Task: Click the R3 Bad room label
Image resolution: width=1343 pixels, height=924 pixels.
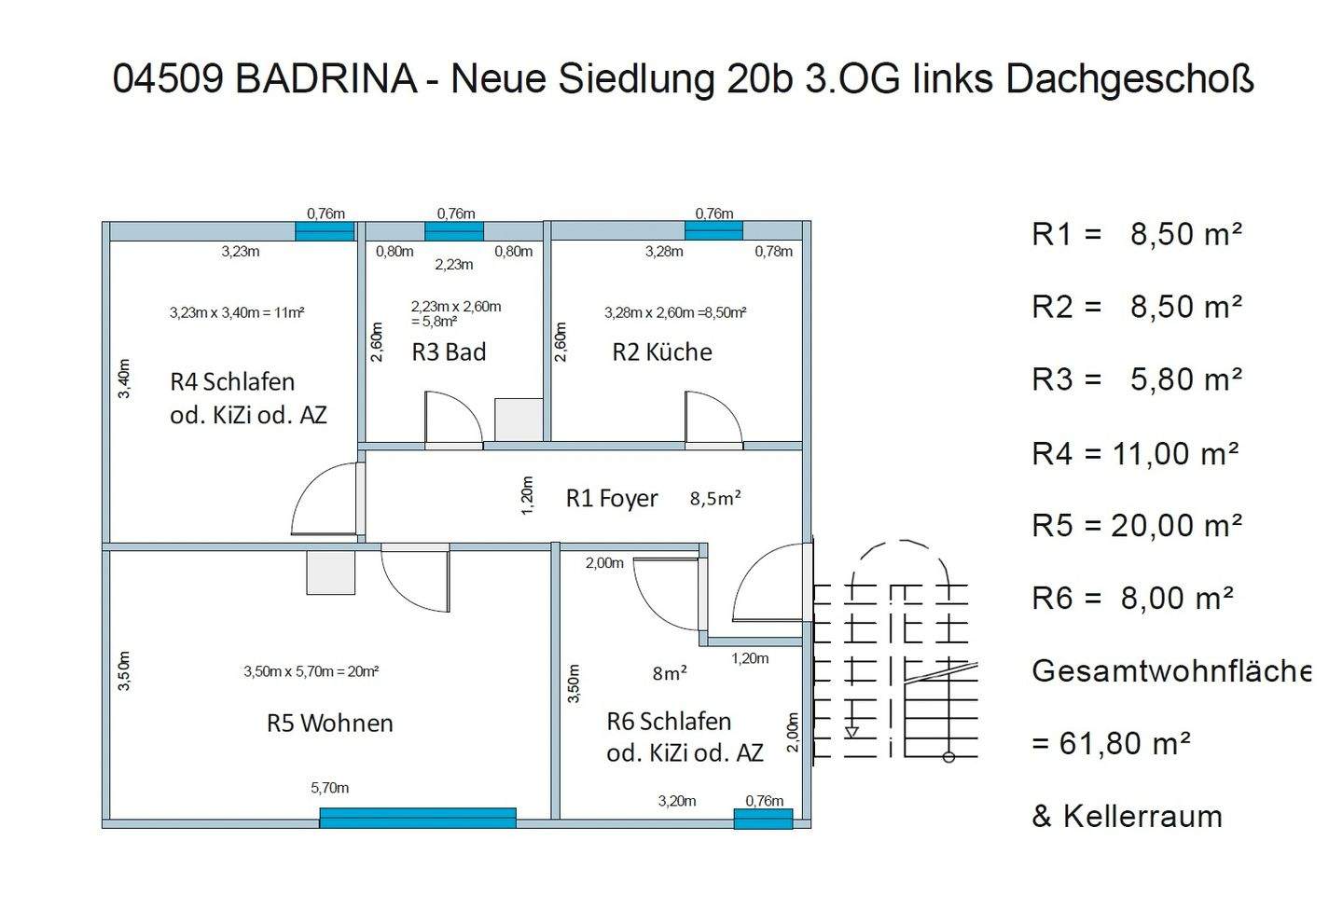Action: [x=449, y=352]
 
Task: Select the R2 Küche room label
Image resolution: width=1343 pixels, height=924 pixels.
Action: [x=662, y=352]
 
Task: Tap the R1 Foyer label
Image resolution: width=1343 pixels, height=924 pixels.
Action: [x=612, y=499]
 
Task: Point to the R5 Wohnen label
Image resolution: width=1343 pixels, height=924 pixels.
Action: [x=330, y=724]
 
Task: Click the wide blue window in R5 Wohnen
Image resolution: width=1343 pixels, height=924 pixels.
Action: [x=418, y=818]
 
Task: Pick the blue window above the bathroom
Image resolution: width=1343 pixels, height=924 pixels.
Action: [x=454, y=231]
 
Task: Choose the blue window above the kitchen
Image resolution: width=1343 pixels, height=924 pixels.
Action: [x=713, y=230]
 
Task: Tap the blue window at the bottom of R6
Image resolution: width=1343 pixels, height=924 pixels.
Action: [x=763, y=819]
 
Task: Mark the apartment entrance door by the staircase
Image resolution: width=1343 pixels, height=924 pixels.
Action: [x=768, y=586]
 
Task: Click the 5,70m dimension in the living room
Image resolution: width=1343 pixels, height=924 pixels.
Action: [x=330, y=788]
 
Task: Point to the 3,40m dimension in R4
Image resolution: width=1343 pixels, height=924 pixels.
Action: [x=124, y=379]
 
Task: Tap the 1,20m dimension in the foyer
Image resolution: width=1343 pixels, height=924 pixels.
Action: [x=527, y=495]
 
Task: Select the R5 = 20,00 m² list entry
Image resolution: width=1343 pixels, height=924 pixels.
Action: [x=1136, y=526]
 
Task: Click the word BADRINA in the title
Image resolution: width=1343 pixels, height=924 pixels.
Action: [x=325, y=78]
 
